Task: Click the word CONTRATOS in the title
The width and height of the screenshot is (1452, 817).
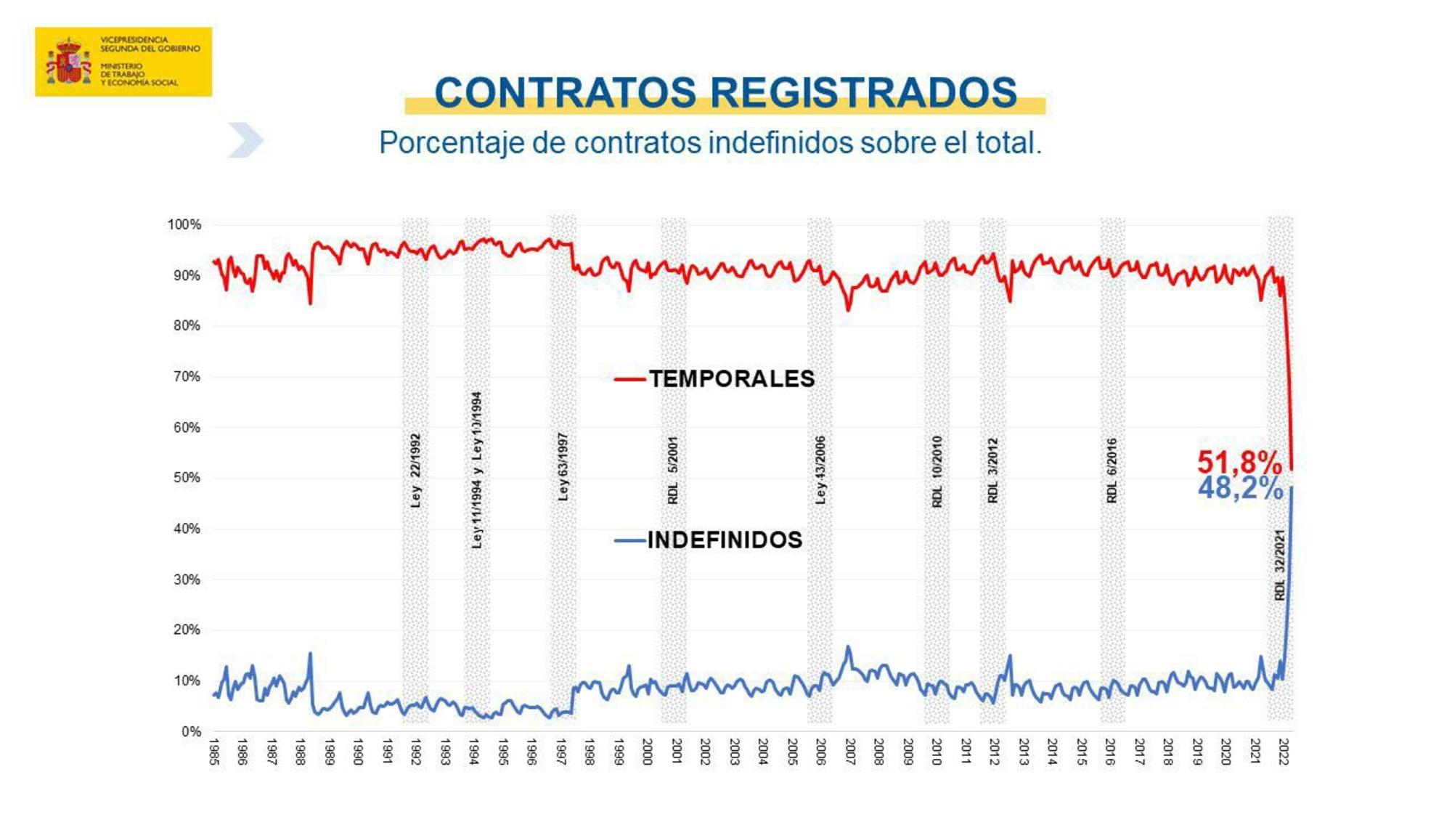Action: coord(565,93)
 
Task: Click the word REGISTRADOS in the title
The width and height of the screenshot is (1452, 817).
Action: coord(863,93)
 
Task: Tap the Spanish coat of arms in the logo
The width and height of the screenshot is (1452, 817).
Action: coord(68,62)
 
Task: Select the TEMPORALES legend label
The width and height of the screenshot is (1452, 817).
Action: coord(731,379)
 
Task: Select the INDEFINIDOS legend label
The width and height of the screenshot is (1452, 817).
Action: coord(725,540)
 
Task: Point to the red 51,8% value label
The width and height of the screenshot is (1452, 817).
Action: coord(1239,462)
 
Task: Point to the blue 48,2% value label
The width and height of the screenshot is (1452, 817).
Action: coord(1240,488)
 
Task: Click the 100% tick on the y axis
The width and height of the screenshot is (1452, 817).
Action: coord(184,225)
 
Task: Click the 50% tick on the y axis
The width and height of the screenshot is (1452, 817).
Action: coord(186,478)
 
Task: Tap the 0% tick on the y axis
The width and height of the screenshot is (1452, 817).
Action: coord(190,731)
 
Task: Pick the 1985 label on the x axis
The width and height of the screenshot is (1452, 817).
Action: coord(214,752)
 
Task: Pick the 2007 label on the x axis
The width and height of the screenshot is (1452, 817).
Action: coord(850,752)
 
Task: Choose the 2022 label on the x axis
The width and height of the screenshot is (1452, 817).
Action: coord(1284,752)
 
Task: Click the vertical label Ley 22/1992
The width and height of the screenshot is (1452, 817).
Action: coord(415,471)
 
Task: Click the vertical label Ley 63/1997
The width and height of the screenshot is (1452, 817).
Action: coord(563,467)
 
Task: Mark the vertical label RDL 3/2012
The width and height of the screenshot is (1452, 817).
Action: coord(992,471)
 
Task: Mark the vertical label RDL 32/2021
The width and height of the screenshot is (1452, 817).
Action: coord(1280,564)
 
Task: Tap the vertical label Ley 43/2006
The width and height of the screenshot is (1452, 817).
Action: coord(820,470)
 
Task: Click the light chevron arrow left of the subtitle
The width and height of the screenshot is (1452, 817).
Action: coord(245,140)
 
